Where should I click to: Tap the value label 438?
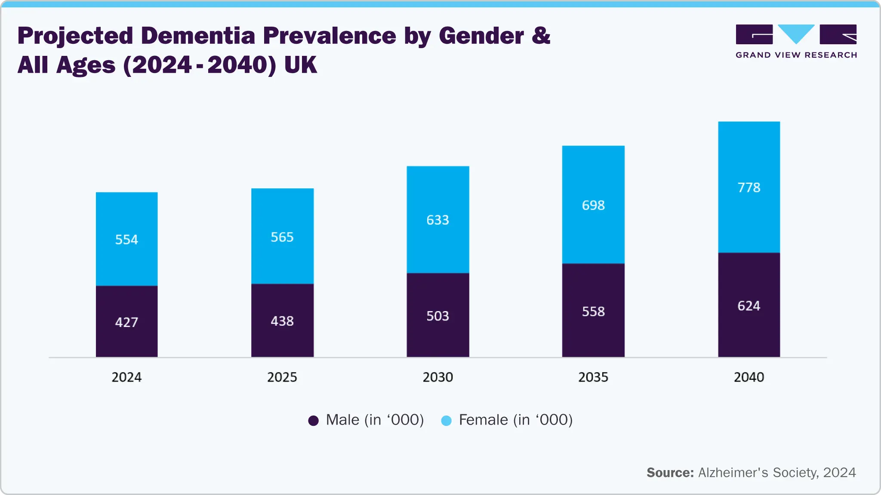pos(282,321)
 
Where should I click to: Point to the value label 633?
pos(437,220)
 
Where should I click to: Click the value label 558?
pos(593,312)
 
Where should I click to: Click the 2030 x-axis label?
pos(437,377)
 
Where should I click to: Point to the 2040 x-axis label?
pos(749,377)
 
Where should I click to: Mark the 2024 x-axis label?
pos(126,377)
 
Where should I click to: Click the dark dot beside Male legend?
pos(314,421)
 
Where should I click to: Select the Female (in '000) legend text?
pos(515,420)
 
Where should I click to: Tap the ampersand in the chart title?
pos(541,35)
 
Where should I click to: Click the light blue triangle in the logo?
pos(796,33)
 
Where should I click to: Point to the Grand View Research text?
pos(796,55)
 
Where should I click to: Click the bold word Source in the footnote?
pos(670,473)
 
